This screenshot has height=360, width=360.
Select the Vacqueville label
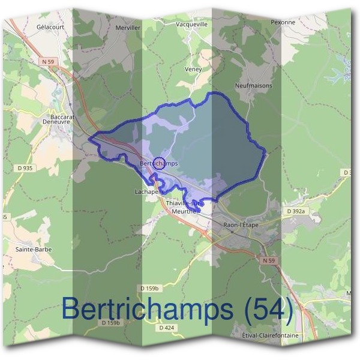pyautogui.click(x=192, y=25)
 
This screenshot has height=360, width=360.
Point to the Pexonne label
pyautogui.click(x=283, y=22)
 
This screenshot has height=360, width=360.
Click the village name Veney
pyautogui.click(x=193, y=70)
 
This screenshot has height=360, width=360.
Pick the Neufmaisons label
pyautogui.click(x=254, y=86)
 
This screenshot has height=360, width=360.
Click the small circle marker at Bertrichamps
pyautogui.click(x=159, y=162)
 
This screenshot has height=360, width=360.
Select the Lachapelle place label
pyautogui.click(x=146, y=192)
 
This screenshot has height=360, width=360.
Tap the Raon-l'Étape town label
pyautogui.click(x=240, y=224)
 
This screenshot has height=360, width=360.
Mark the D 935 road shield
pyautogui.click(x=25, y=169)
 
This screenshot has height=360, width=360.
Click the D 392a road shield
pyautogui.click(x=296, y=212)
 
